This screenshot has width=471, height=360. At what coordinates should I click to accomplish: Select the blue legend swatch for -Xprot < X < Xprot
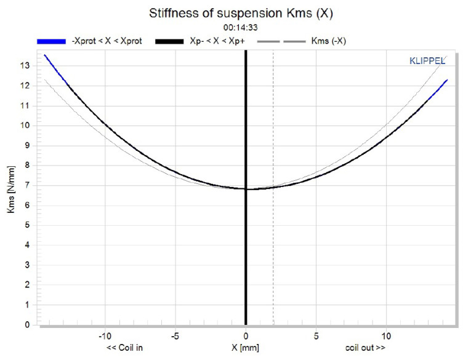51,41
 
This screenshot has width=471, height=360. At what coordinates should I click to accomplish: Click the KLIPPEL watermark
427,60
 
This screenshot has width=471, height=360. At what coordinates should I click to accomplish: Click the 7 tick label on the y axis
26,185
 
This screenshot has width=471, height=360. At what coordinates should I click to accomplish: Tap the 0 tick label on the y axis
26,324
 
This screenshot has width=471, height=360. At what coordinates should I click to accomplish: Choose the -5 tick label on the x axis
175,336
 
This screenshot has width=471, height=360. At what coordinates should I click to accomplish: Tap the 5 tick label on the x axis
316,336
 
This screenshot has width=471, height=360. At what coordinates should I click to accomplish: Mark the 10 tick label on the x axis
386,336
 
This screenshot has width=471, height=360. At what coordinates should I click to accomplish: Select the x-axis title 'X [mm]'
244,348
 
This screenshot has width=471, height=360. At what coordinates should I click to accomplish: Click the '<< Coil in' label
125,348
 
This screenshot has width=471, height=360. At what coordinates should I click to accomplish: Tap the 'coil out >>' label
366,348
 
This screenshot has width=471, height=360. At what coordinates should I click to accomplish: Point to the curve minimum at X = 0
246,189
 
